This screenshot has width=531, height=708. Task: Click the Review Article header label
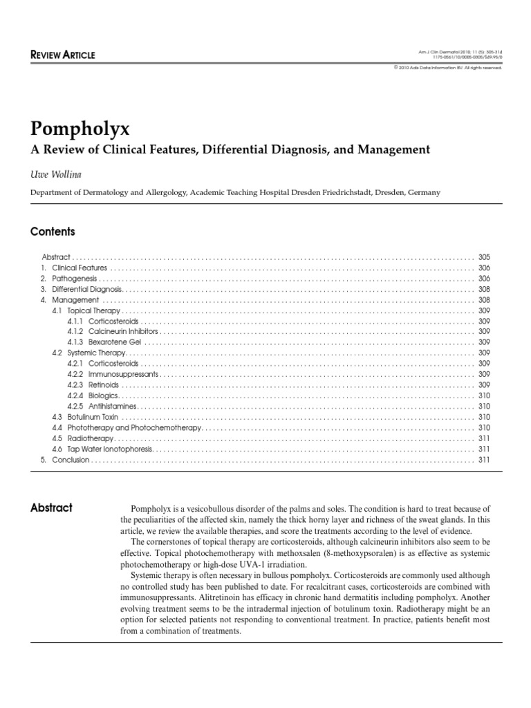[63, 55]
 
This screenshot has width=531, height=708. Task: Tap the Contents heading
[53, 232]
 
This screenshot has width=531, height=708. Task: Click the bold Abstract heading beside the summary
[51, 507]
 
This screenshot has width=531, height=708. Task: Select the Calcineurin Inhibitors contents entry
[113, 332]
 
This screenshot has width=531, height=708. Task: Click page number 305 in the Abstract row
[483, 257]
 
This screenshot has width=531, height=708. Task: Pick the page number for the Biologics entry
[483, 396]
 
